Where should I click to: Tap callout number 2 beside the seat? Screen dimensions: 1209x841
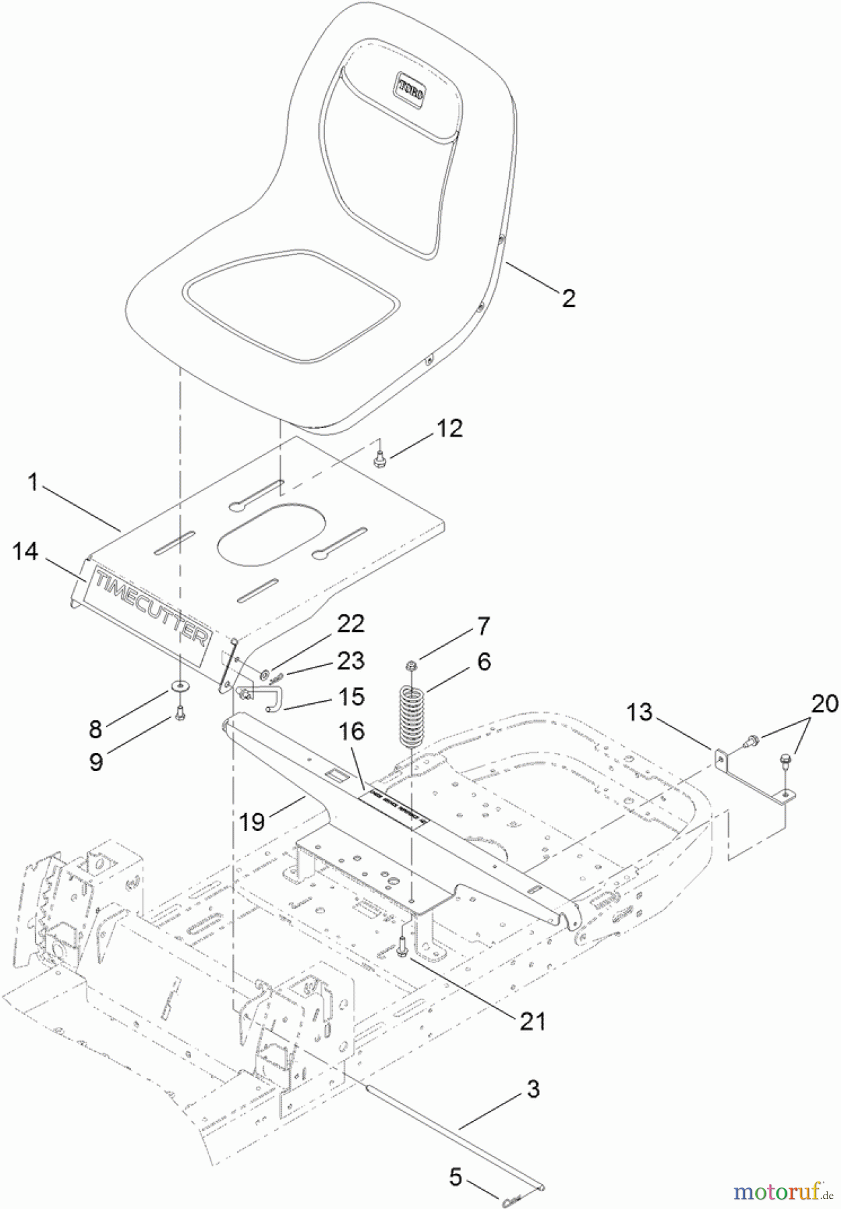click(x=568, y=298)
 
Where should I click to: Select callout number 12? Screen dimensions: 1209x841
click(x=449, y=429)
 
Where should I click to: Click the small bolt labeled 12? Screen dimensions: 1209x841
click(x=380, y=459)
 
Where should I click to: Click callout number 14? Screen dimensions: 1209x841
click(x=26, y=551)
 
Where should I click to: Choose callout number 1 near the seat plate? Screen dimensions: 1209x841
click(x=33, y=482)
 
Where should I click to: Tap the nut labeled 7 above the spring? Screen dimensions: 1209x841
click(x=412, y=666)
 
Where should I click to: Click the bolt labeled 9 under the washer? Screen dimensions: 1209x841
click(x=179, y=715)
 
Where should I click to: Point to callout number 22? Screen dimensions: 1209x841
click(x=351, y=624)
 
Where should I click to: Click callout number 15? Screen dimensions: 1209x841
click(x=351, y=697)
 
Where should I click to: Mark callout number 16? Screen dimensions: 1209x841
click(x=351, y=731)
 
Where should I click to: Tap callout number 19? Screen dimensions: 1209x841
click(x=252, y=821)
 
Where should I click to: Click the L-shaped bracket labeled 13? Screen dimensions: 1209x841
click(x=756, y=779)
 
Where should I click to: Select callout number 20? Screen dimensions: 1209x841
click(x=824, y=704)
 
